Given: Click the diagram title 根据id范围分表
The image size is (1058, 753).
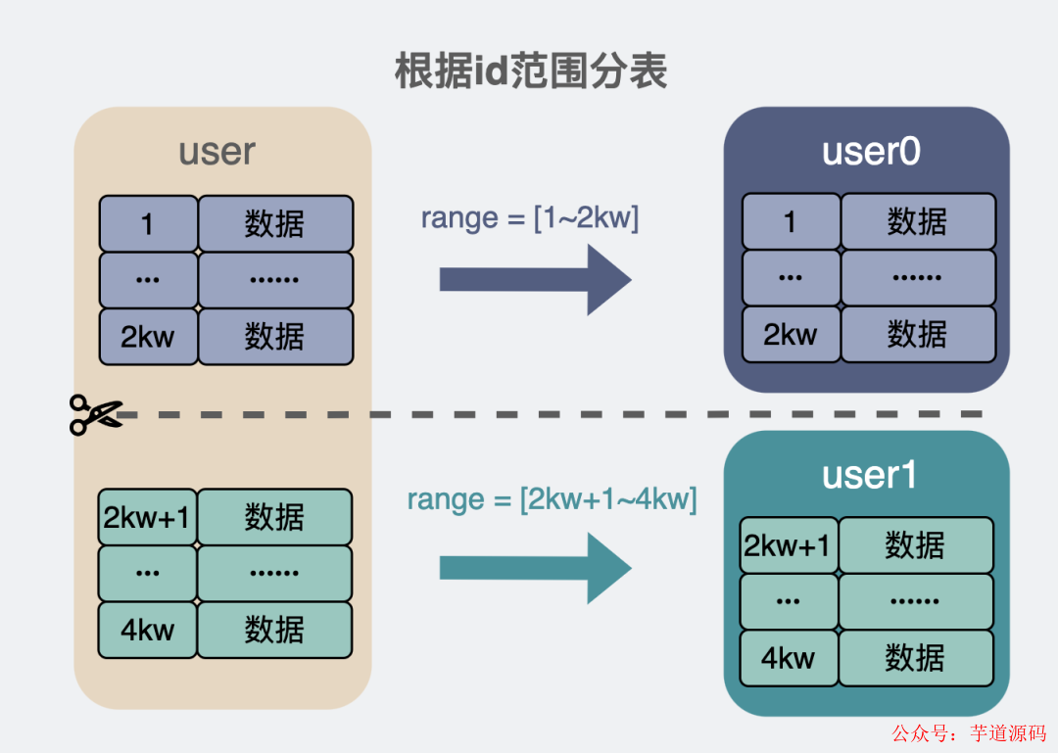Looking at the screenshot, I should pyautogui.click(x=530, y=71).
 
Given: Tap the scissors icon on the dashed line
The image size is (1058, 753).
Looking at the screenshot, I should pyautogui.click(x=95, y=414).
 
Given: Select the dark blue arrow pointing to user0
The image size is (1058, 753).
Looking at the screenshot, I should pyautogui.click(x=535, y=279).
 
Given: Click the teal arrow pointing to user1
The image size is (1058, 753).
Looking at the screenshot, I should pyautogui.click(x=535, y=568).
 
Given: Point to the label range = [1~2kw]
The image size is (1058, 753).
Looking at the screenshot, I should pyautogui.click(x=529, y=217).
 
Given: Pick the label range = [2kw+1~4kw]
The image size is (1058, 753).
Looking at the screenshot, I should pyautogui.click(x=552, y=499).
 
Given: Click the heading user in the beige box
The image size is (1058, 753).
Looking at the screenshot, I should pyautogui.click(x=216, y=152).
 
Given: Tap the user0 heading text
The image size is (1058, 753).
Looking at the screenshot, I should pyautogui.click(x=870, y=152).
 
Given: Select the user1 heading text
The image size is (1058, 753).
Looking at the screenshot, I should pyautogui.click(x=869, y=475).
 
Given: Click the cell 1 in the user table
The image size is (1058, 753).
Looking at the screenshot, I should pyautogui.click(x=148, y=224).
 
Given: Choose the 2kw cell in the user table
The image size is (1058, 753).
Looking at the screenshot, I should pyautogui.click(x=148, y=337).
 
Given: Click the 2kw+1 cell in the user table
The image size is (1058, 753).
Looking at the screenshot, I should pyautogui.click(x=148, y=517).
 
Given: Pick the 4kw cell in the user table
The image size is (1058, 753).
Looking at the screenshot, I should pyautogui.click(x=148, y=630).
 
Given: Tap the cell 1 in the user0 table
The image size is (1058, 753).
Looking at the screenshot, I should pyautogui.click(x=791, y=222).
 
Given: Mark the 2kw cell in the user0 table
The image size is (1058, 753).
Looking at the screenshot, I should pyautogui.click(x=791, y=335).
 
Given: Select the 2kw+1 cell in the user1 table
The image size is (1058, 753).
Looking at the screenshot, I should pyautogui.click(x=789, y=545).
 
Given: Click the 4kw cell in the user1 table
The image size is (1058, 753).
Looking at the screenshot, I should pyautogui.click(x=789, y=658).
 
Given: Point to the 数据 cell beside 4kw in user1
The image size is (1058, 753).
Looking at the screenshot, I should pyautogui.click(x=915, y=658).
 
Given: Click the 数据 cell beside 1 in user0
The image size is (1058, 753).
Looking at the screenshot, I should pyautogui.click(x=918, y=222).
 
